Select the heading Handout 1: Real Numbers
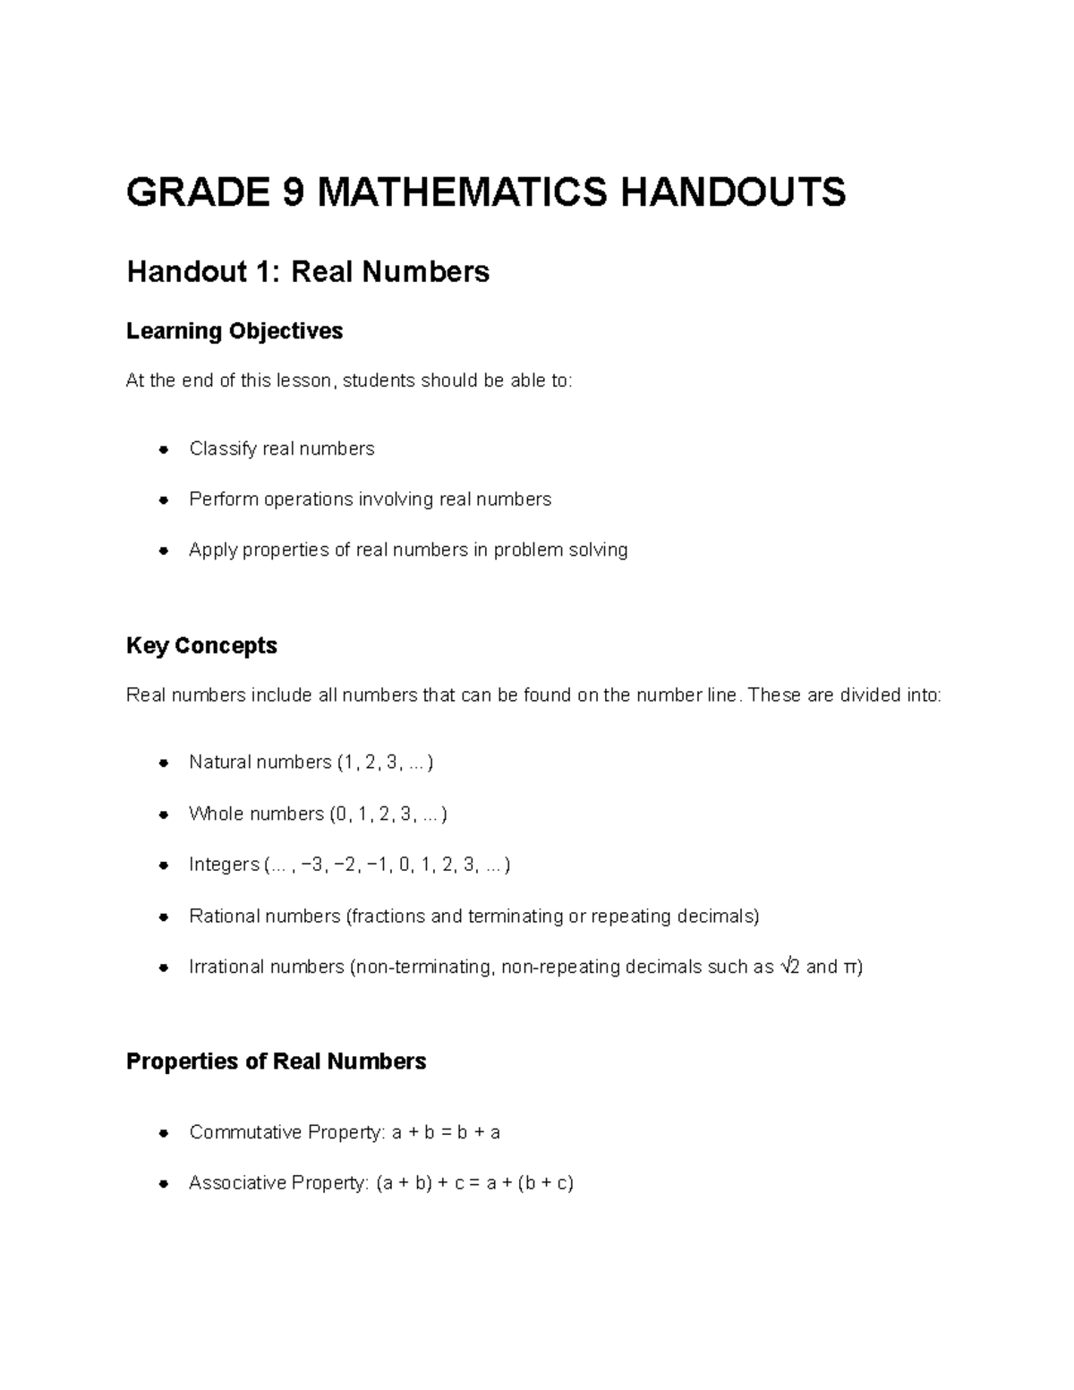[308, 271]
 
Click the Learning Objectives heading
[234, 331]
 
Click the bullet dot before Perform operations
[164, 500]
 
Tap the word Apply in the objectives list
[212, 550]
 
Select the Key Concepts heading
[201, 645]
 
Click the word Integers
[224, 865]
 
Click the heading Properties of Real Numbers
[276, 1062]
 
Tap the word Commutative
[244, 1132]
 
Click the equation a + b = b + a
[446, 1132]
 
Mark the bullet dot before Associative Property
[164, 1184]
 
